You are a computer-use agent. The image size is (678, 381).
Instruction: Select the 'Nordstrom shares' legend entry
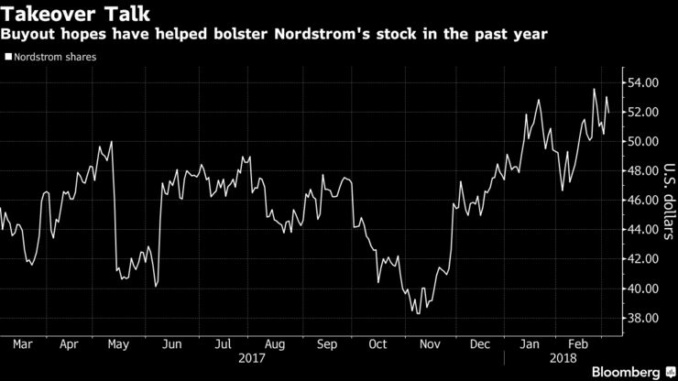tap(53, 57)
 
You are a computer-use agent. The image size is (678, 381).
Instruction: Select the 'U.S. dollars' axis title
tap(666, 201)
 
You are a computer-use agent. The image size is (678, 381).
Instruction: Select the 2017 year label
tap(251, 360)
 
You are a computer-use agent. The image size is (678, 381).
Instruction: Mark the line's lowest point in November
tap(418, 313)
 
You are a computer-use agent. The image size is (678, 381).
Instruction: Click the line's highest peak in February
tap(595, 89)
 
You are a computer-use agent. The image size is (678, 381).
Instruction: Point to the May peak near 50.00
tap(111, 142)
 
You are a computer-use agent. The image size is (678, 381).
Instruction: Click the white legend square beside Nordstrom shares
tap(8, 57)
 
